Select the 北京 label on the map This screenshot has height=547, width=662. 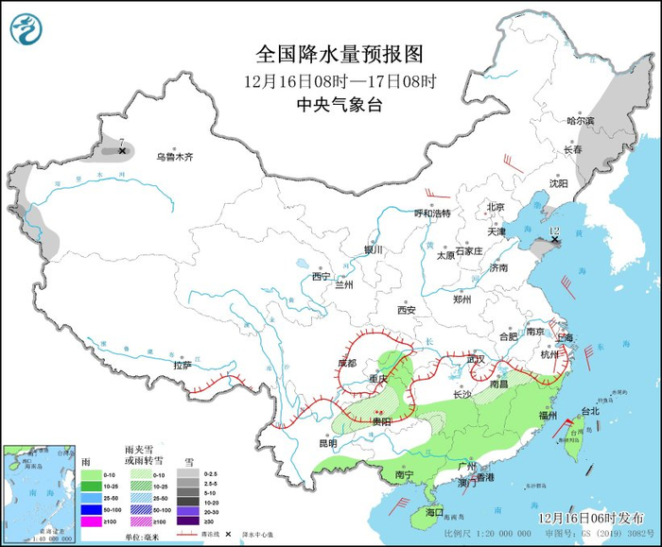(496, 207)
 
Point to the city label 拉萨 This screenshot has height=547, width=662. (183, 365)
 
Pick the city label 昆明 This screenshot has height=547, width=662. (327, 442)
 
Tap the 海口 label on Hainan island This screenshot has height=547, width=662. (434, 511)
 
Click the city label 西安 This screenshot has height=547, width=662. (407, 309)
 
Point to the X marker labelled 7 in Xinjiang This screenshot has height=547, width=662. (122, 150)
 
